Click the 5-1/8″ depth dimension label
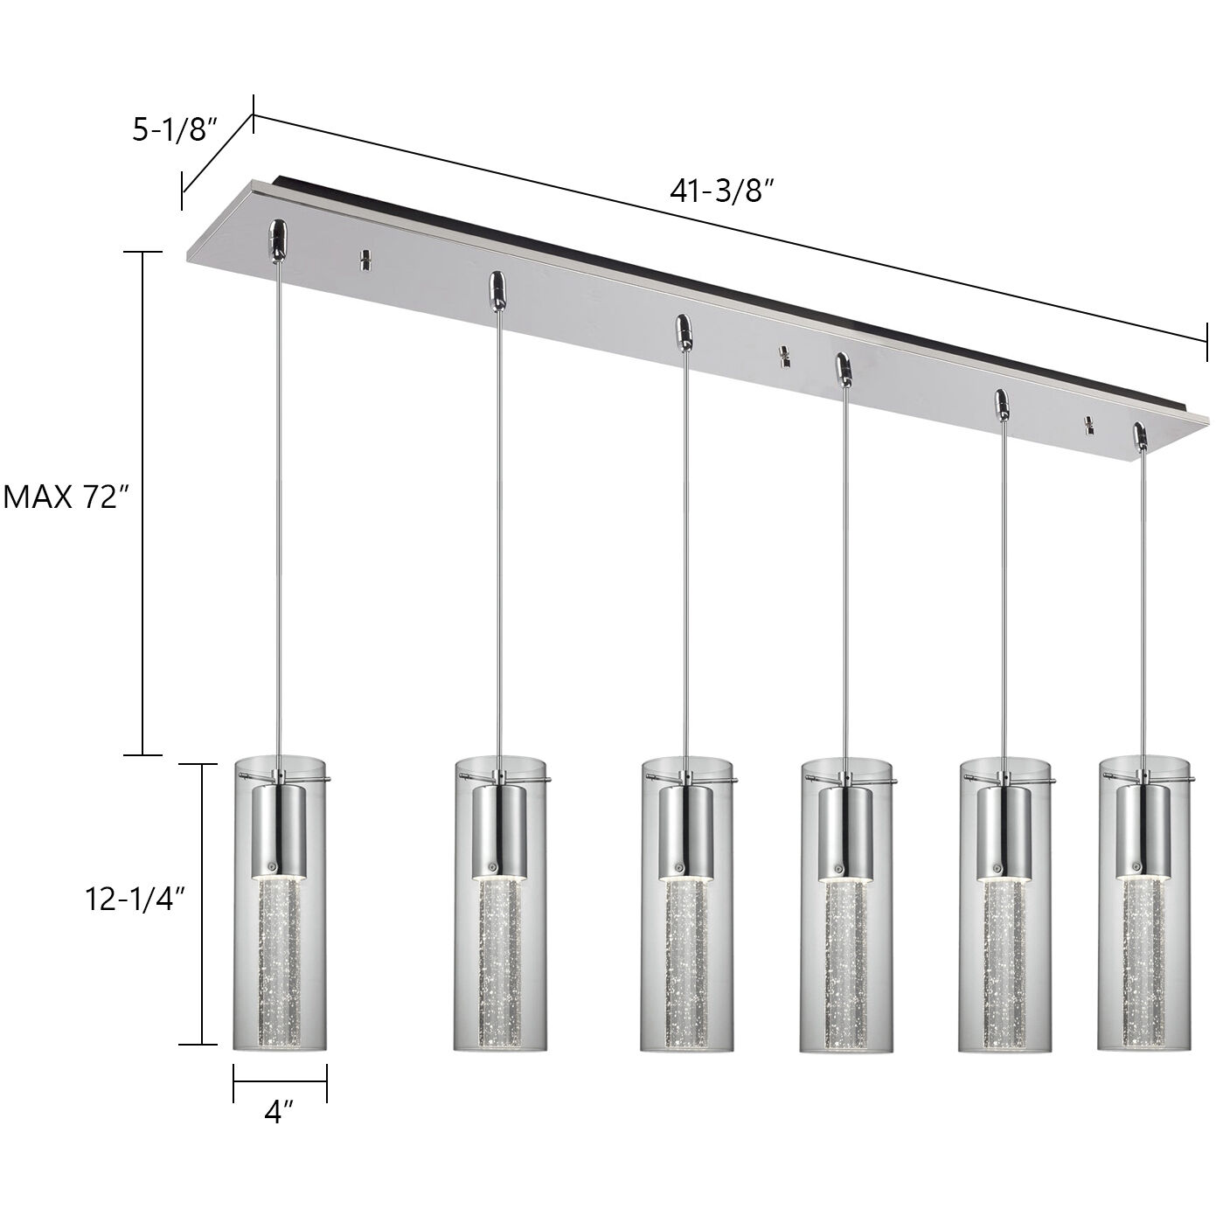tap(173, 130)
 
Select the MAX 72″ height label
tap(66, 497)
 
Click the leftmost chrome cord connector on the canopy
tap(276, 238)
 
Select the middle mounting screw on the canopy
tap(783, 356)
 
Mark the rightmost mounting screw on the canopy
tap(1089, 426)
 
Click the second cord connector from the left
tap(497, 288)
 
